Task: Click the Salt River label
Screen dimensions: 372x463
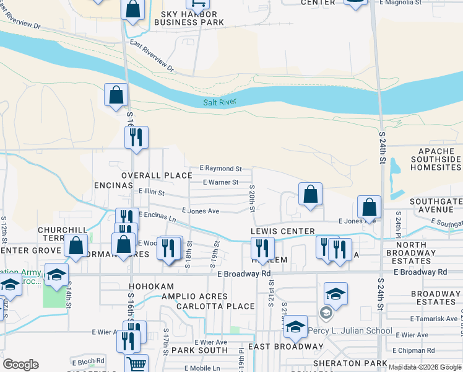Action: [x=220, y=103]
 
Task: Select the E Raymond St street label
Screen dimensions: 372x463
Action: [x=220, y=169]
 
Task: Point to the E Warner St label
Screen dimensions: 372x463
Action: [x=221, y=182]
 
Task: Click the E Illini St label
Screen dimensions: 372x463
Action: [x=151, y=192]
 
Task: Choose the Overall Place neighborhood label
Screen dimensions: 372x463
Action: [x=157, y=175]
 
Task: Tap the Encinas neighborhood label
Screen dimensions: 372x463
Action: [x=113, y=185]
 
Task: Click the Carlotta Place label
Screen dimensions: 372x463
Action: [x=215, y=306]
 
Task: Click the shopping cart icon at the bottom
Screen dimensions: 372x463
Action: [x=137, y=363]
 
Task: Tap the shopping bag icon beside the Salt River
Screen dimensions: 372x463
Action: [x=116, y=95]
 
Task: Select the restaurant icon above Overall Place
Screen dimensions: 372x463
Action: [x=136, y=137]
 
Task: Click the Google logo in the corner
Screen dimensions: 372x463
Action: [x=21, y=365]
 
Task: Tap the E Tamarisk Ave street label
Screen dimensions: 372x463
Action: [x=437, y=319]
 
